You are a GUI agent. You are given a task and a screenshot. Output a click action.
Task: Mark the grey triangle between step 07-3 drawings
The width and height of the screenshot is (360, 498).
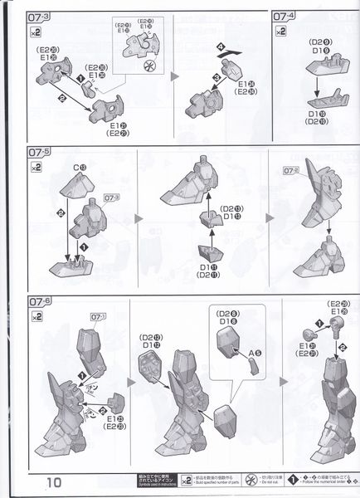coord(176,76)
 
